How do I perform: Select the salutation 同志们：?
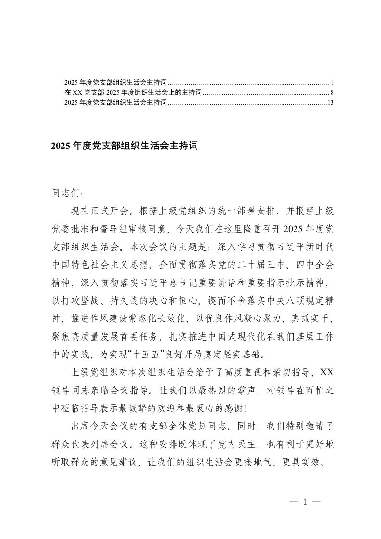[x=70, y=195]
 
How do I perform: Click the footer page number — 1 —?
[x=305, y=502]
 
